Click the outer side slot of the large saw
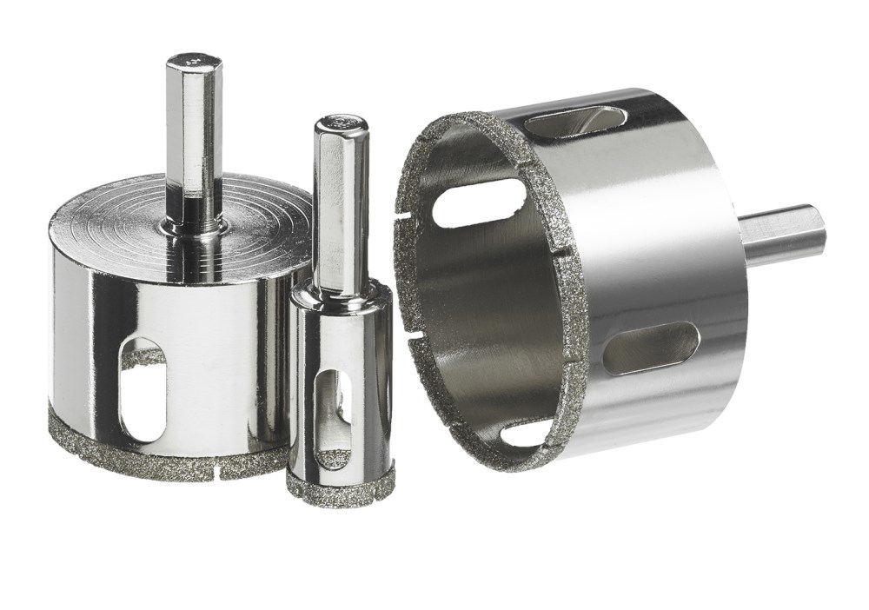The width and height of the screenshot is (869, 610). [650, 348]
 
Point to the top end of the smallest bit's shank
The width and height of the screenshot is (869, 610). [341, 123]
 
